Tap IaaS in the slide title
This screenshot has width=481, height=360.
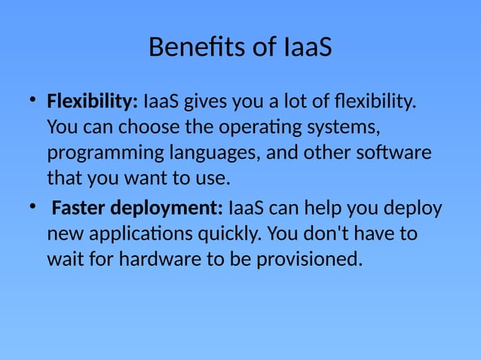pyautogui.click(x=308, y=47)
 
